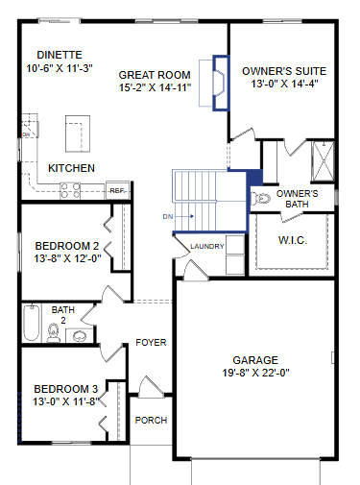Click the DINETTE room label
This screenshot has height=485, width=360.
(60, 55)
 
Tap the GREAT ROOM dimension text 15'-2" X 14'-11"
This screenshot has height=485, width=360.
(156, 87)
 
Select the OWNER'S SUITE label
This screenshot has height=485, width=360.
(284, 71)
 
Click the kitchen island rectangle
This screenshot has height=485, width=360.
(78, 133)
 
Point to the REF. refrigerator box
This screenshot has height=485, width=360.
(117, 190)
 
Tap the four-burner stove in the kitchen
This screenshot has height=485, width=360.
(70, 190)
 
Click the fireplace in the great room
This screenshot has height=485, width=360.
(221, 84)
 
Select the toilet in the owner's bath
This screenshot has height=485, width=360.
(260, 199)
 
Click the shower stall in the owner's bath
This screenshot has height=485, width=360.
(323, 161)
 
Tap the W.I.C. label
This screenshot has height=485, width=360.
(293, 240)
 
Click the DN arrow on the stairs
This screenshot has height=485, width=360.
(185, 216)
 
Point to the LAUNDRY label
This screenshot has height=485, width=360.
(207, 246)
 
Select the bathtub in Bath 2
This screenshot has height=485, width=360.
(32, 323)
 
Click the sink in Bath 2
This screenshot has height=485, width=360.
(80, 336)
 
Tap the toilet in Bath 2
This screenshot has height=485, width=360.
(53, 332)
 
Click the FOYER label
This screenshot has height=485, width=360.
(151, 343)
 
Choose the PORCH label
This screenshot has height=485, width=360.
(151, 420)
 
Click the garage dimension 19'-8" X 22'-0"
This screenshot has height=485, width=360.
(256, 373)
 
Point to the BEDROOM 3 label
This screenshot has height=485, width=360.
(66, 389)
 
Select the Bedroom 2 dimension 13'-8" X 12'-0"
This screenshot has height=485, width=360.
(67, 258)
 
